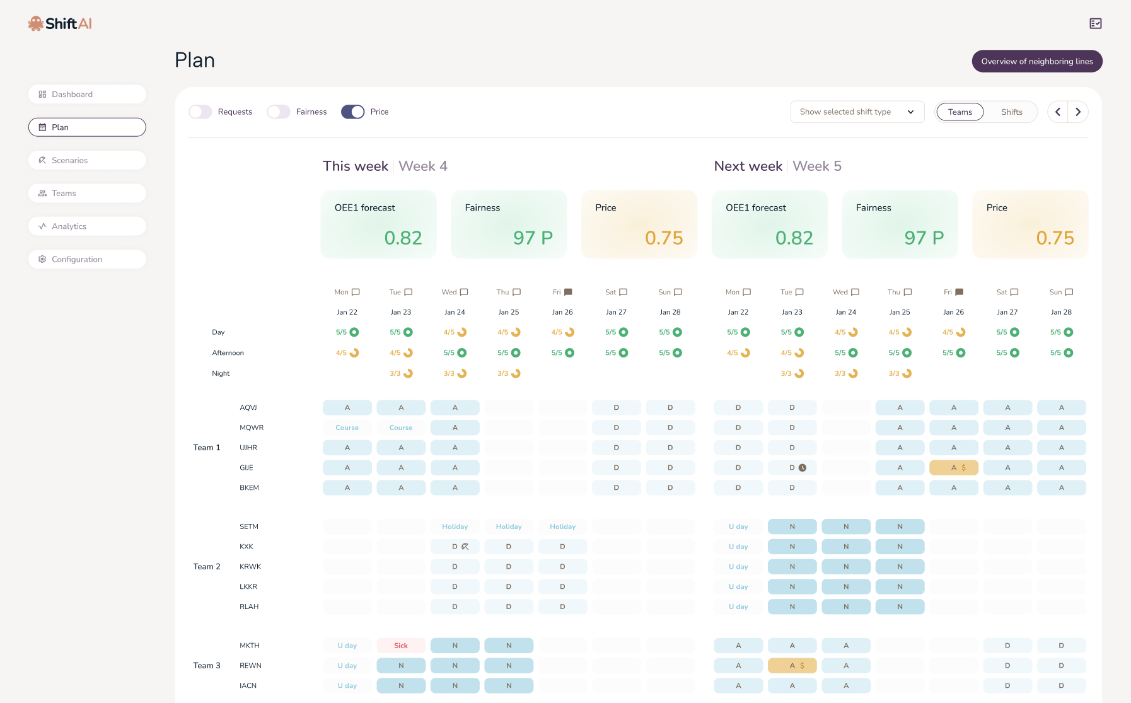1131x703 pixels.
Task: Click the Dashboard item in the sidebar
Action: pyautogui.click(x=87, y=95)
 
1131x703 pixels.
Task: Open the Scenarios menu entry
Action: pyautogui.click(x=87, y=160)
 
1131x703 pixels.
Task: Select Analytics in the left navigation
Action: pyautogui.click(x=87, y=226)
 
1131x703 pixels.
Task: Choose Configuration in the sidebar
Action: pyautogui.click(x=87, y=259)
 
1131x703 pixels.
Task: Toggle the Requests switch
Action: pyautogui.click(x=200, y=112)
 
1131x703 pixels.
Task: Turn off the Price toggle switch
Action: pyautogui.click(x=353, y=112)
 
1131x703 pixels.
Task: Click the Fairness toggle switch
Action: pyautogui.click(x=279, y=112)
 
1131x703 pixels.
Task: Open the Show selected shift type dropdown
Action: pyautogui.click(x=857, y=112)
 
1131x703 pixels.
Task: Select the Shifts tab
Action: pyautogui.click(x=1012, y=112)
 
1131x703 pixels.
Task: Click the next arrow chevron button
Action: pyautogui.click(x=1079, y=112)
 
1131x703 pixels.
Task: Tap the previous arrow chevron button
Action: pyautogui.click(x=1058, y=112)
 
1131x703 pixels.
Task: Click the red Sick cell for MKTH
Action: pyautogui.click(x=401, y=646)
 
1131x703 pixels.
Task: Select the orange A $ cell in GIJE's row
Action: pyautogui.click(x=954, y=468)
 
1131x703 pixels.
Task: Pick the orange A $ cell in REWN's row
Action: pyautogui.click(x=792, y=666)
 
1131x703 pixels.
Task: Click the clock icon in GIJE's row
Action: pyautogui.click(x=803, y=468)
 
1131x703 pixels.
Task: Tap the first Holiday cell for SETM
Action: pyautogui.click(x=455, y=526)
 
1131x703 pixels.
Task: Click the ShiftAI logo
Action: pyautogui.click(x=61, y=23)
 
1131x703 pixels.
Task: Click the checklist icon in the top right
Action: pyautogui.click(x=1096, y=23)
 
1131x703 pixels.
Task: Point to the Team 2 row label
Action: pyautogui.click(x=207, y=567)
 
